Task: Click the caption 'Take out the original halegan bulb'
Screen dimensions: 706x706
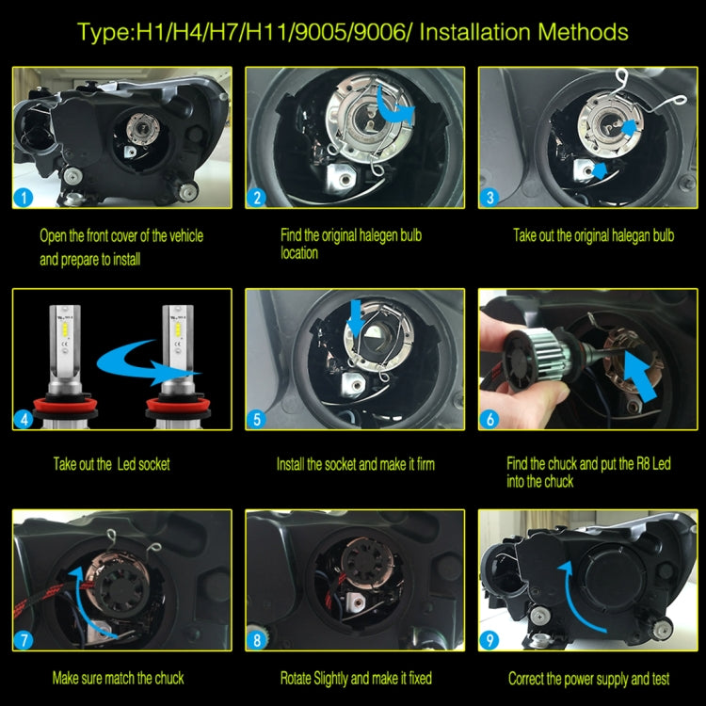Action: click(593, 235)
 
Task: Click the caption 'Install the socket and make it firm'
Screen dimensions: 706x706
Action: click(355, 464)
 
